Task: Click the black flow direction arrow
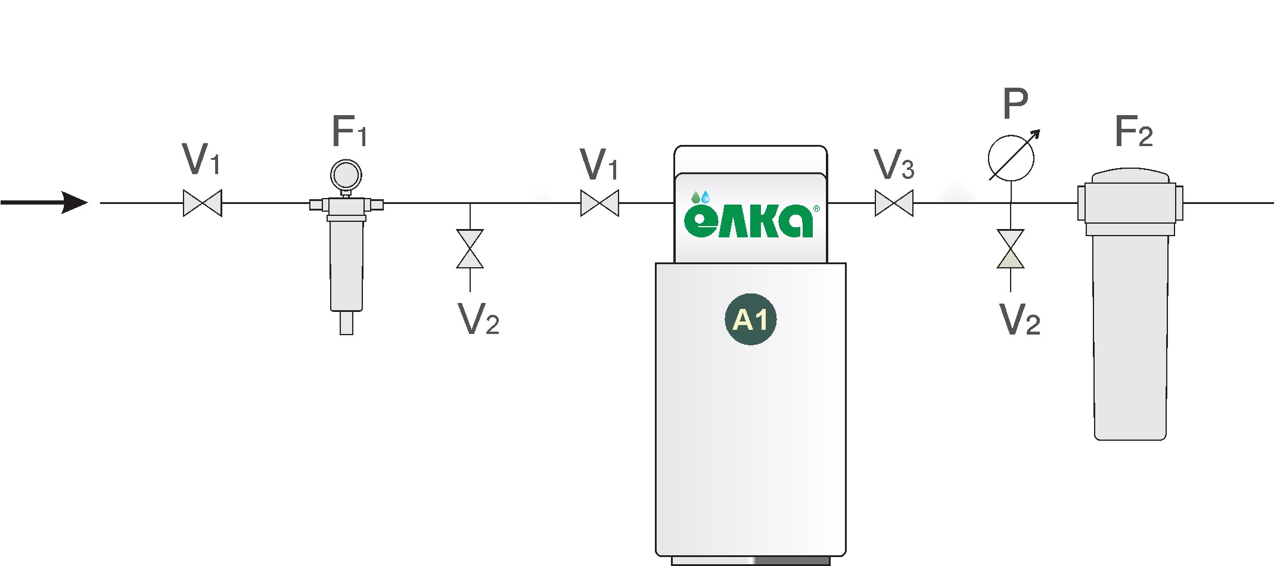(45, 203)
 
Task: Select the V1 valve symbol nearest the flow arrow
(203, 203)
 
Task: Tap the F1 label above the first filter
(349, 132)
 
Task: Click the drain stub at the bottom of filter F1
(346, 323)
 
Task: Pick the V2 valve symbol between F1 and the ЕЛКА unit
(470, 249)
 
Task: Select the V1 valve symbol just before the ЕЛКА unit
(599, 203)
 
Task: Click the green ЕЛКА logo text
(749, 221)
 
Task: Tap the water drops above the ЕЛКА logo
(701, 197)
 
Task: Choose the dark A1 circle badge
(751, 320)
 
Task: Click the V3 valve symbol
(894, 203)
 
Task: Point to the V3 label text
(894, 165)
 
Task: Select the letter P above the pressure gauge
(1015, 104)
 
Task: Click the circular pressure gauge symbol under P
(1011, 158)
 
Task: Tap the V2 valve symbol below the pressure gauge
(1011, 249)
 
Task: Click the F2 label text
(1133, 132)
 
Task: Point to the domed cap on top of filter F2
(1130, 176)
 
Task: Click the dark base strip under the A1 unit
(751, 561)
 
